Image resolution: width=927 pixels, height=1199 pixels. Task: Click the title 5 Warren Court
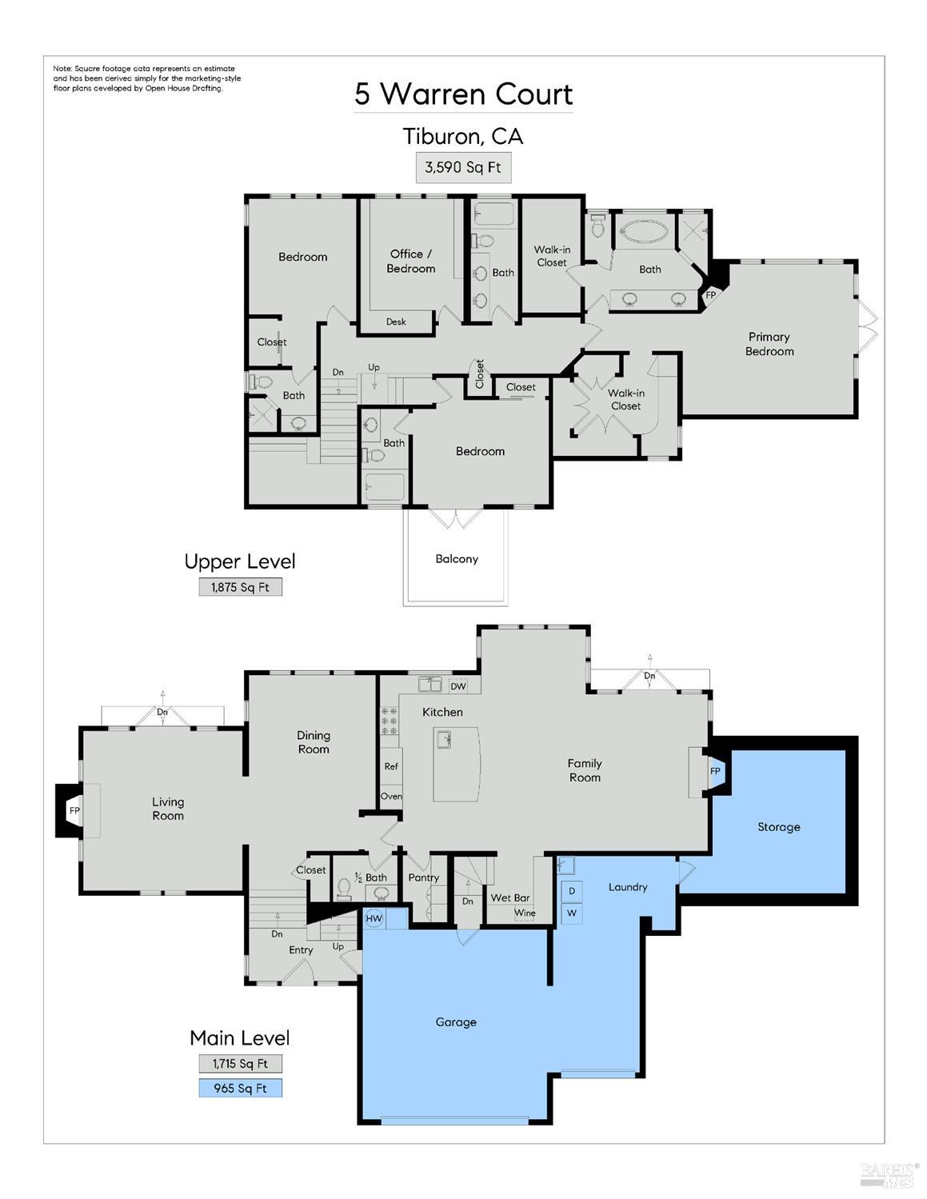[464, 94]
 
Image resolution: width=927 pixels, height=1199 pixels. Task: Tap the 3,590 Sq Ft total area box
[463, 168]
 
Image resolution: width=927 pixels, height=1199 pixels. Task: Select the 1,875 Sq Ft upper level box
[240, 587]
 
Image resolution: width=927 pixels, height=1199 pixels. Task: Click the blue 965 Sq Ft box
[240, 1088]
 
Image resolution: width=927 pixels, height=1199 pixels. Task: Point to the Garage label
[456, 1022]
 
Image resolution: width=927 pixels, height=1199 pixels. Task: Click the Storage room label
[778, 827]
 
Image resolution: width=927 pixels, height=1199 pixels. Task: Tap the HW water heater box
[374, 919]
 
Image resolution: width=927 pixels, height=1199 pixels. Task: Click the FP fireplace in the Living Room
[74, 811]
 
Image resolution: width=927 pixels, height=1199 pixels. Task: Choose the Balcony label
[457, 559]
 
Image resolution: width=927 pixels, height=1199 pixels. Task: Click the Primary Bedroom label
[769, 344]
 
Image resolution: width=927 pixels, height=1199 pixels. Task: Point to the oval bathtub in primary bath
[649, 235]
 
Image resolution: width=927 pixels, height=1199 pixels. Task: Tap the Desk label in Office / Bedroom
[396, 322]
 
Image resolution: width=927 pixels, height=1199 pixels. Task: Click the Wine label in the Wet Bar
[525, 913]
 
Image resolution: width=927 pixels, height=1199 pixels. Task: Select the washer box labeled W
[572, 913]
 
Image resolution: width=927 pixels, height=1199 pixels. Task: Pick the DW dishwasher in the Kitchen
[458, 686]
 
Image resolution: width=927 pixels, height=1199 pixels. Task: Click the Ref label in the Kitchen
[391, 766]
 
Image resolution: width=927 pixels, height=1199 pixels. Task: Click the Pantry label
[423, 877]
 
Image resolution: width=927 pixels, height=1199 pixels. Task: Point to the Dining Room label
[314, 742]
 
